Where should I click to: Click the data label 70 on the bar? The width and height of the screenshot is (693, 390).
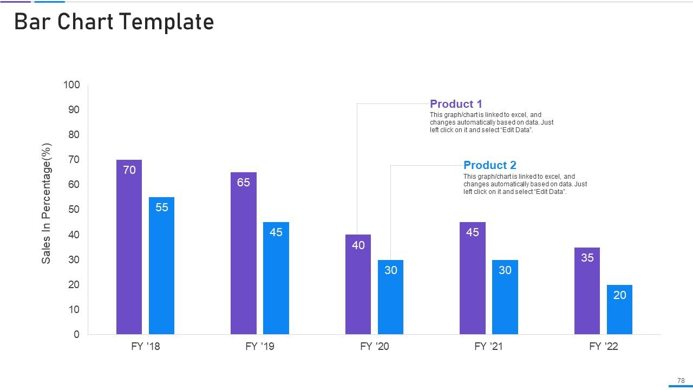coord(129,170)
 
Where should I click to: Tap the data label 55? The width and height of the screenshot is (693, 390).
coord(162,207)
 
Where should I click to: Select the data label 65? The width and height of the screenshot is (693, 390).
coord(244,183)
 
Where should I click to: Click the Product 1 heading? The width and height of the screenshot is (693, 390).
coord(456,104)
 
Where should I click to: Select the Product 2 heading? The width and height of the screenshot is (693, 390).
coord(490,165)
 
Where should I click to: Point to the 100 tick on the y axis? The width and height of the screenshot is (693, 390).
coord(71,85)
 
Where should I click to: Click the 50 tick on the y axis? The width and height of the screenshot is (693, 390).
coord(74,210)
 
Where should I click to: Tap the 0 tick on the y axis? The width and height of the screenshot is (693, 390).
coord(76,335)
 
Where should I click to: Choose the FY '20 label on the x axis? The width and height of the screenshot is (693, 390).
coord(375,346)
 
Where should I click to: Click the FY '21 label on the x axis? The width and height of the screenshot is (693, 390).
coord(489,346)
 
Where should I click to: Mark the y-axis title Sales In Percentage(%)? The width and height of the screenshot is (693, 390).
coord(47,204)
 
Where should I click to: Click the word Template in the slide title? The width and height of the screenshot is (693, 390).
coord(167,22)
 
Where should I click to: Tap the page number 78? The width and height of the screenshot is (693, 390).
coord(681,381)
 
